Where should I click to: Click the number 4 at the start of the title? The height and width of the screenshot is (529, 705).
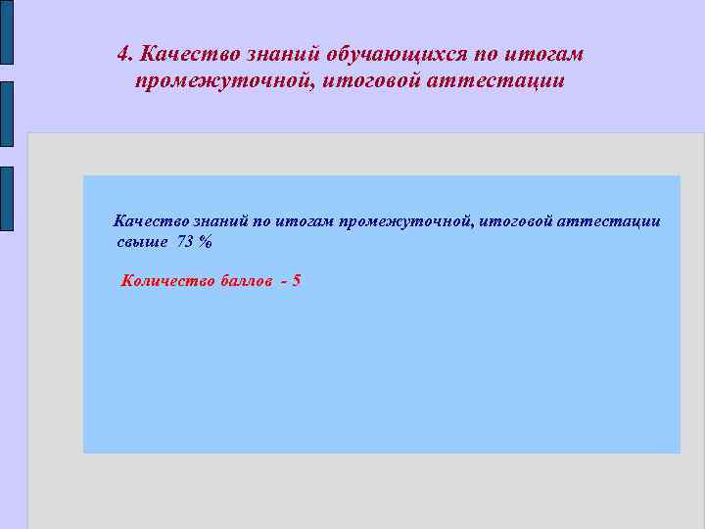[122, 53]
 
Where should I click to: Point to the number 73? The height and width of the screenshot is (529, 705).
[185, 241]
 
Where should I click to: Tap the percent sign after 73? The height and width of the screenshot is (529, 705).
[205, 241]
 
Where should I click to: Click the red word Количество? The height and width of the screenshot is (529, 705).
[164, 281]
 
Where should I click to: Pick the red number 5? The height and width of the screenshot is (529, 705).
[296, 281]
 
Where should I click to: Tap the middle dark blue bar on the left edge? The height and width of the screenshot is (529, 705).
[7, 114]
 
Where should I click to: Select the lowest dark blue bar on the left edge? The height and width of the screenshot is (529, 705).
[7, 198]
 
